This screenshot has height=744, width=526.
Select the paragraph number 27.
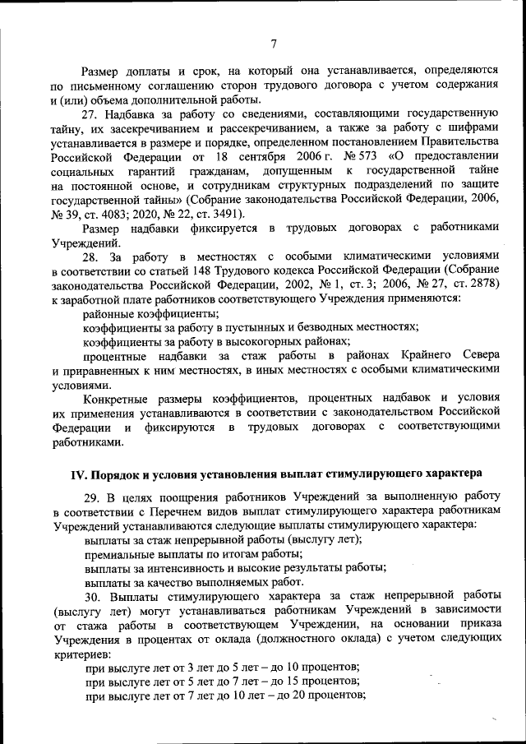[94, 113]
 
